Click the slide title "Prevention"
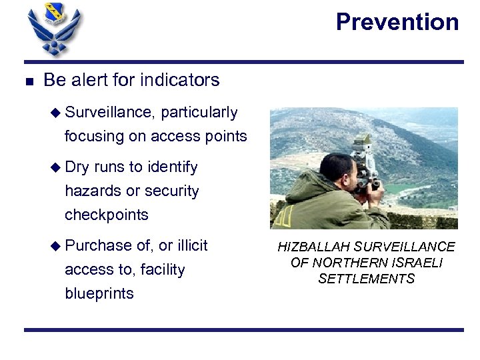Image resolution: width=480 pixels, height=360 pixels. (x=397, y=22)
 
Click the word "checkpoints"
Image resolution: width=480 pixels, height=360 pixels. (x=106, y=215)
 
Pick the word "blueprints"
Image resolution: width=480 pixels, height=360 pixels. (x=99, y=293)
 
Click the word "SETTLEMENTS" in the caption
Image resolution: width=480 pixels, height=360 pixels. (x=366, y=279)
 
